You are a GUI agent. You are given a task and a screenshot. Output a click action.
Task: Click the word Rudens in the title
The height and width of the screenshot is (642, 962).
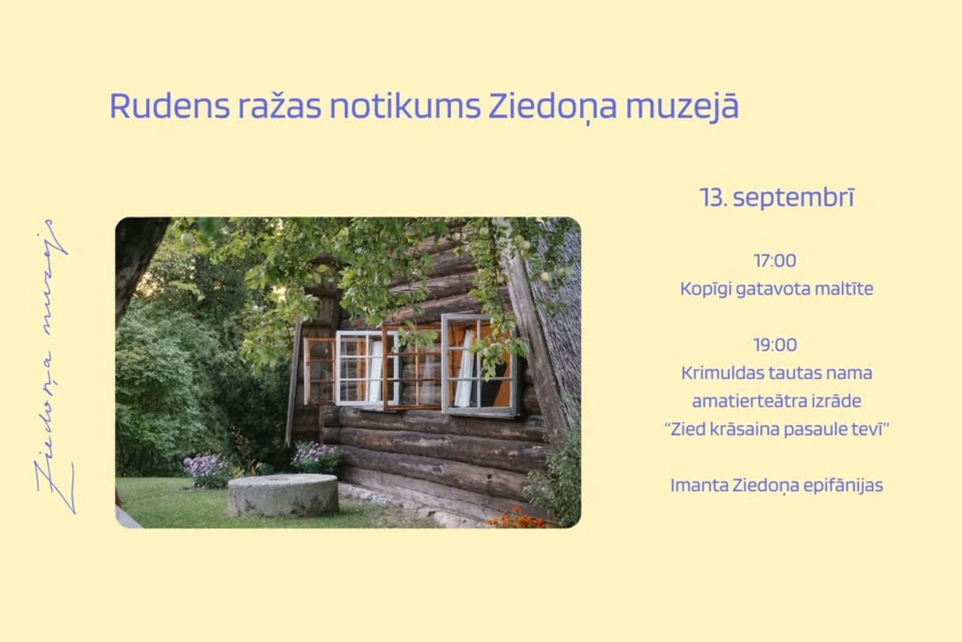170,106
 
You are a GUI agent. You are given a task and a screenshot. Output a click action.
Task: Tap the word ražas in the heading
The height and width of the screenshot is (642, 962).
280,106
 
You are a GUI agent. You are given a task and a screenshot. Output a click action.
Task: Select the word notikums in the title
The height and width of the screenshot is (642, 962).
405,106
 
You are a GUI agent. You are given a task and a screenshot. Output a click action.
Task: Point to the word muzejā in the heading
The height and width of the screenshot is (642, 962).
682,106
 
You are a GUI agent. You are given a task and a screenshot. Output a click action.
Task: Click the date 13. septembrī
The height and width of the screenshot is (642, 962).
777,198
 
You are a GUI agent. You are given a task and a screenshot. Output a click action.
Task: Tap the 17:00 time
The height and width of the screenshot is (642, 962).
775,260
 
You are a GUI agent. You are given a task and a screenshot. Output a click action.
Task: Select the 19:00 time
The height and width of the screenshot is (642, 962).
775,345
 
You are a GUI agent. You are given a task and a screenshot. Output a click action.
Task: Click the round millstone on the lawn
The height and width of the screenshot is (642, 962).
283,495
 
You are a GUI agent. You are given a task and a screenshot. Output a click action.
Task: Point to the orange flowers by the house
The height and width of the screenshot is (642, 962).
518,518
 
